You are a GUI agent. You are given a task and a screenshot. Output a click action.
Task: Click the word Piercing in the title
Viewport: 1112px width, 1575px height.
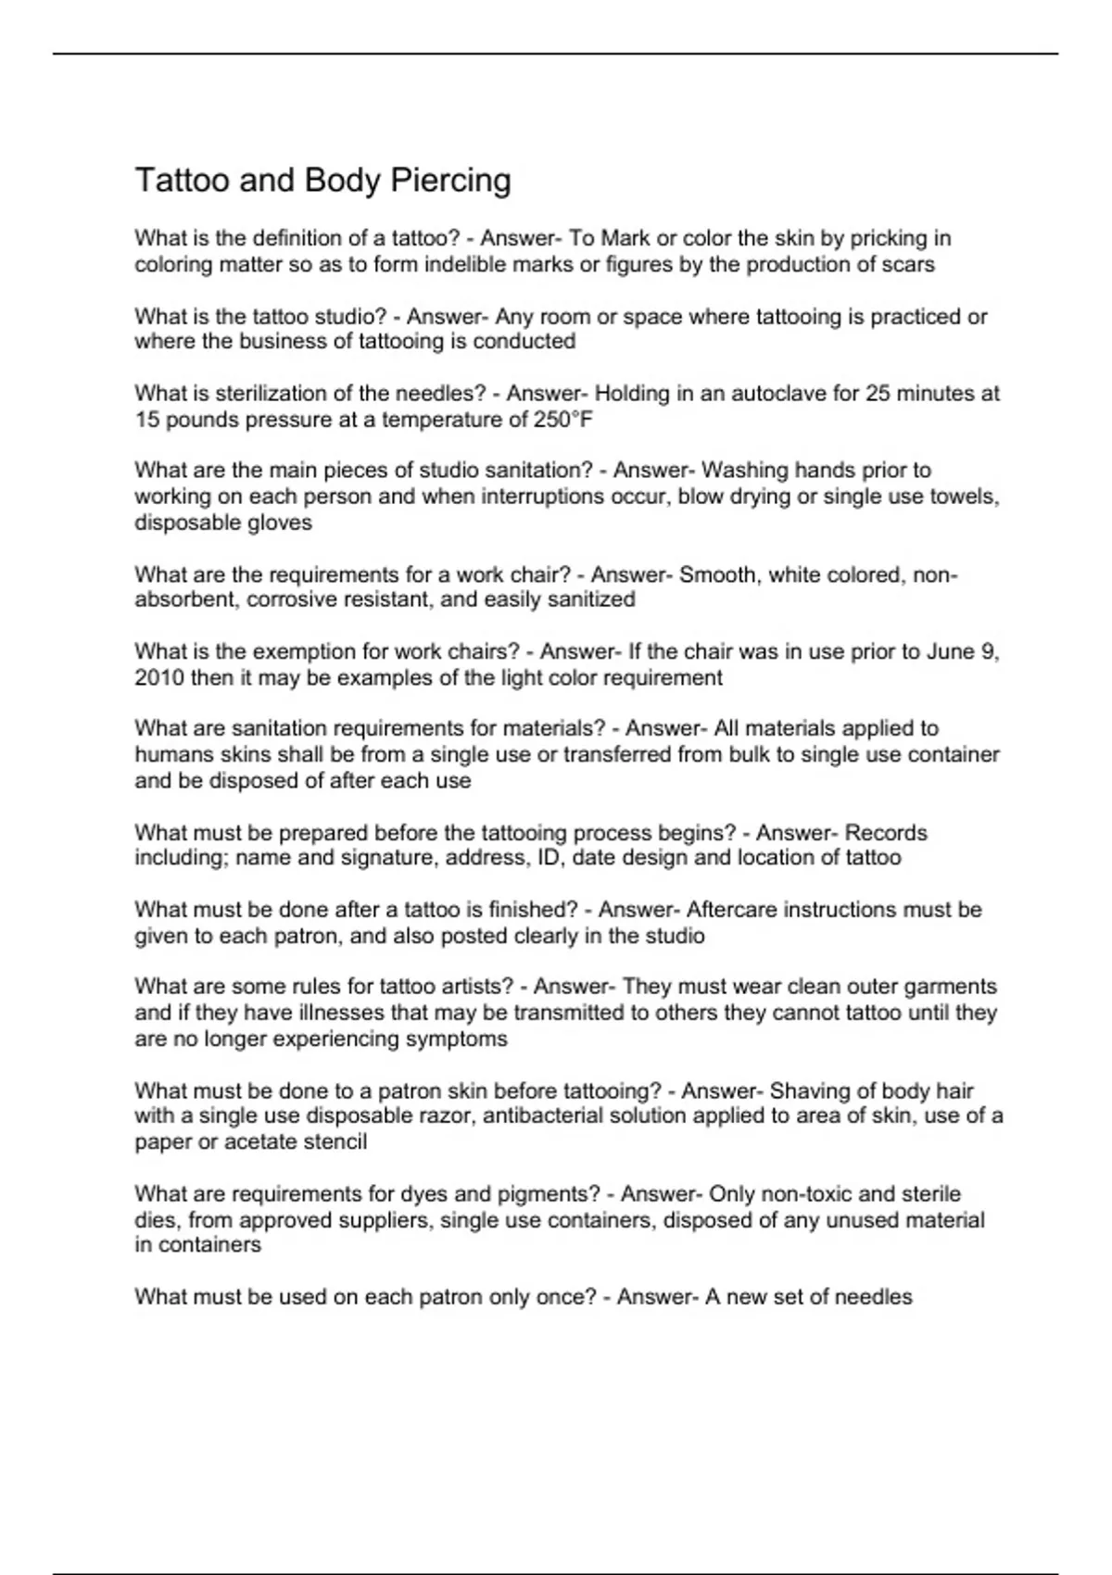(450, 180)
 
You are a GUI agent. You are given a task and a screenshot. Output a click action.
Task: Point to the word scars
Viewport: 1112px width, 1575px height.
(909, 265)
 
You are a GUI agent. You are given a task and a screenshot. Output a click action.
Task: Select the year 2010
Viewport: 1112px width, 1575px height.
(159, 677)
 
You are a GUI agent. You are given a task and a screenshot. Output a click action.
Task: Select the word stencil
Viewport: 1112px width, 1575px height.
(334, 1141)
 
